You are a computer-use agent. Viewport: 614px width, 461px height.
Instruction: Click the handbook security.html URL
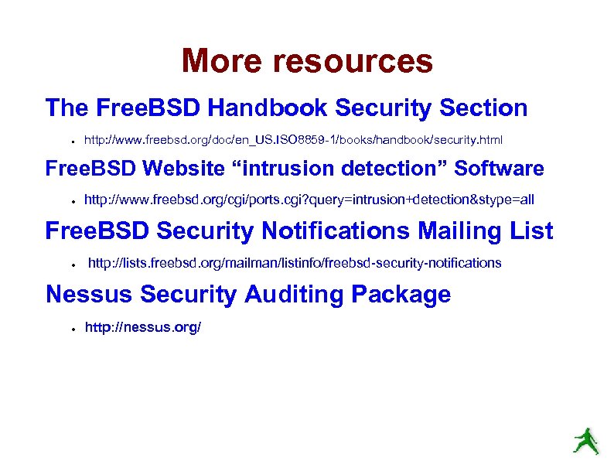tap(293, 141)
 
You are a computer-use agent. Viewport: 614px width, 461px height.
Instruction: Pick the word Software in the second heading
tap(500, 169)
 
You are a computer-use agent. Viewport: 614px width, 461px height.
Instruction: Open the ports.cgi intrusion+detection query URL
tap(309, 200)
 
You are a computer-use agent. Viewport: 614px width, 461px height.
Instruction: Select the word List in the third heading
tap(532, 231)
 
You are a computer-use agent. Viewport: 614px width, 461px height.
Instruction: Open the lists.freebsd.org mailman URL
tap(295, 264)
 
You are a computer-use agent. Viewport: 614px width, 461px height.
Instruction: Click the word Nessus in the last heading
tap(85, 295)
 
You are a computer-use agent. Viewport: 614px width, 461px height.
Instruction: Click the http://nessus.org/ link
tap(143, 327)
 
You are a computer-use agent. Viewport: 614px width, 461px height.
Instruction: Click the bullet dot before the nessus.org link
tap(70, 328)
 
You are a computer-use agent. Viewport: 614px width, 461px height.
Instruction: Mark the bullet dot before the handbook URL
tap(70, 142)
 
